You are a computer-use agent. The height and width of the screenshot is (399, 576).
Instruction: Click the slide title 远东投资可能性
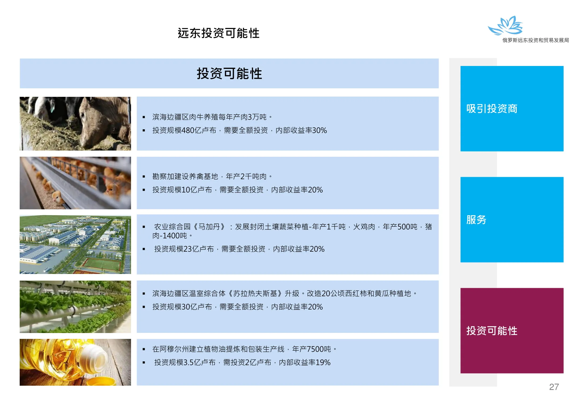(218, 33)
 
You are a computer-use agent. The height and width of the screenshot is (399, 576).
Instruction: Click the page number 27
(554, 387)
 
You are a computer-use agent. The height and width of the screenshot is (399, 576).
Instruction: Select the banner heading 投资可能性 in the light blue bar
(229, 73)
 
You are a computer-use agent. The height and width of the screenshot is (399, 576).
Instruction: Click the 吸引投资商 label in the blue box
(492, 109)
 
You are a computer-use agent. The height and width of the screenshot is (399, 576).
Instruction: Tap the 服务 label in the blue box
(476, 220)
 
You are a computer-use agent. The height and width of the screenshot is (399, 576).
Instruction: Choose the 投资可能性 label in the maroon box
(492, 331)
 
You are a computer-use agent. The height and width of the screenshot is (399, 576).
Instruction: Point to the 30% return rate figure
(319, 130)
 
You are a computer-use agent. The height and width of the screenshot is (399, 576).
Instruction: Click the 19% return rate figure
(323, 362)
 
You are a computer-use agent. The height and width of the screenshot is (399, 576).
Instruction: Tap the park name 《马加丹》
(209, 227)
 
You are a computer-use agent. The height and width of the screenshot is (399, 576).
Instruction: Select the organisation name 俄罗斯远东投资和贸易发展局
(536, 40)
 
